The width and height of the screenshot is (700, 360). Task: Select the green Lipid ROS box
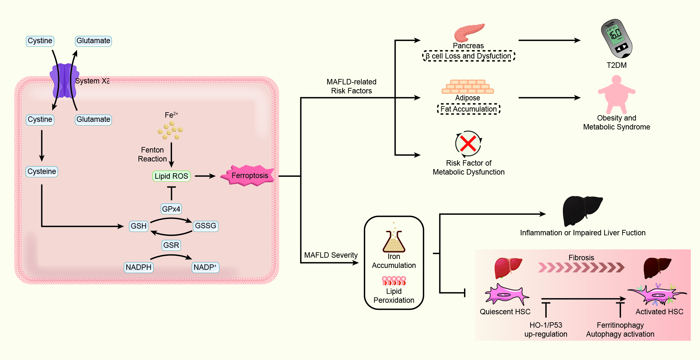(x=171, y=176)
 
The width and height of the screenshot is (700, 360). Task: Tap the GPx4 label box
(x=171, y=209)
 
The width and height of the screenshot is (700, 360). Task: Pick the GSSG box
(x=206, y=226)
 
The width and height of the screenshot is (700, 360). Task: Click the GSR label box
(x=171, y=245)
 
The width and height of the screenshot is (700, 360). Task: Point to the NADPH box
(x=138, y=267)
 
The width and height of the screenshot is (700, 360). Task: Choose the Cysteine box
(x=42, y=171)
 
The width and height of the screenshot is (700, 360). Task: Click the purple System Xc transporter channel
(x=64, y=81)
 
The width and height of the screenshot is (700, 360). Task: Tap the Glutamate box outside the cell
(x=93, y=41)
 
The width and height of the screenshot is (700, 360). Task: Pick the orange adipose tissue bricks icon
(x=468, y=87)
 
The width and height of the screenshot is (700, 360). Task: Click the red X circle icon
(x=468, y=144)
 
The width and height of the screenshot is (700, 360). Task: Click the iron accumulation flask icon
(x=394, y=241)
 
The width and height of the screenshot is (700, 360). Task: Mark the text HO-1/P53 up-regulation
(x=546, y=330)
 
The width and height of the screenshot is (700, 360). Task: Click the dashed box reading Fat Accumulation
(x=468, y=109)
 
